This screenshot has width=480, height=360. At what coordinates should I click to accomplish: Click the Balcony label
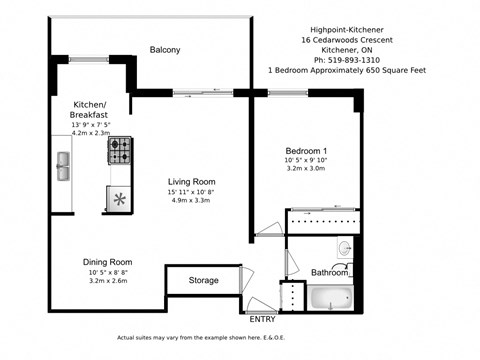coord(165,49)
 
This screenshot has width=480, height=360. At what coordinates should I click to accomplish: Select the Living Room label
coord(192,182)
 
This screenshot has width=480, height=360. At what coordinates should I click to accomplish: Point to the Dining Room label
coord(108,262)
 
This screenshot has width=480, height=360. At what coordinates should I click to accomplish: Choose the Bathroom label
coord(330,272)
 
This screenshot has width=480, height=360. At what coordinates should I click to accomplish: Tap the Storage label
coord(204,281)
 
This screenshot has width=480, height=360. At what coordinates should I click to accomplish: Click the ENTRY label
coord(262,319)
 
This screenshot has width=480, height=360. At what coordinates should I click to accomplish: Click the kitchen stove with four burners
coord(119,151)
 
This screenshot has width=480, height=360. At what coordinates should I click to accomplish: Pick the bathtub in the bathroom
coord(331,297)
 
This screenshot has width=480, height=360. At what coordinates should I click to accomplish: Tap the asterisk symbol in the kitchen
coord(120,198)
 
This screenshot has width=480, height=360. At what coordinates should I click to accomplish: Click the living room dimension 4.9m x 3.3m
coord(192,200)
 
